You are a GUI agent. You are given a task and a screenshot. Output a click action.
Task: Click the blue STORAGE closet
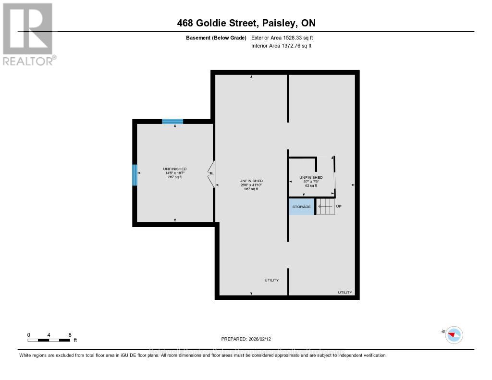[301, 207]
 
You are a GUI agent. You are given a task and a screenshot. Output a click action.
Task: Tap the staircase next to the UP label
[325, 207]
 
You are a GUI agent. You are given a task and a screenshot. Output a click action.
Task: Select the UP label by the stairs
[339, 207]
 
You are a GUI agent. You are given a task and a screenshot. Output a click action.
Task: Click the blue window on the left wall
[135, 175]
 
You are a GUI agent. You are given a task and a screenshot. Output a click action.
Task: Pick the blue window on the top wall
[172, 121]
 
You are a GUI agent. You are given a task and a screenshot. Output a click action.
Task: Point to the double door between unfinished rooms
[211, 174]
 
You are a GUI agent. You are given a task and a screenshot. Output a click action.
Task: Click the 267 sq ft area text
[175, 177]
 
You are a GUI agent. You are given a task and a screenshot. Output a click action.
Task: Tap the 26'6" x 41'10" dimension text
[251, 184]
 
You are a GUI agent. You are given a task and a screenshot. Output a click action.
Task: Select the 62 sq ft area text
[311, 185]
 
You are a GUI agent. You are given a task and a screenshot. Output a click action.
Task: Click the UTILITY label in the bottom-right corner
[345, 292]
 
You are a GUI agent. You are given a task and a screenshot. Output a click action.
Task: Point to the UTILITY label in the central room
[271, 280]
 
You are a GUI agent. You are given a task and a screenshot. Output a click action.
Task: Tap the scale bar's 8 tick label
[70, 335]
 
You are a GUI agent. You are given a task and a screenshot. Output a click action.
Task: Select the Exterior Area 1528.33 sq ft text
[282, 37]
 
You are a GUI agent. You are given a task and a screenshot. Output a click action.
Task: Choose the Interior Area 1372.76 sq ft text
[281, 46]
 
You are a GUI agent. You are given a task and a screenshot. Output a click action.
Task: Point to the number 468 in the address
[185, 23]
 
